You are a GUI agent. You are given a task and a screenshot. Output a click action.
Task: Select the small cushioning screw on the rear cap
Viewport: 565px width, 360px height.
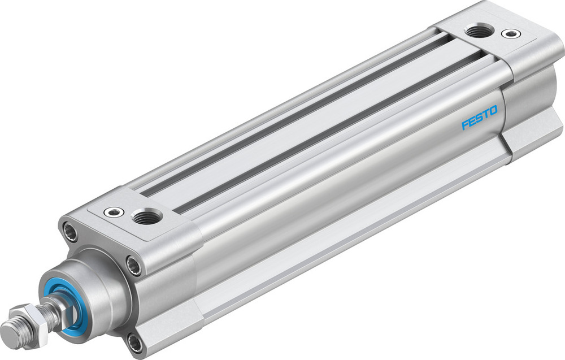coord(511,34)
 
